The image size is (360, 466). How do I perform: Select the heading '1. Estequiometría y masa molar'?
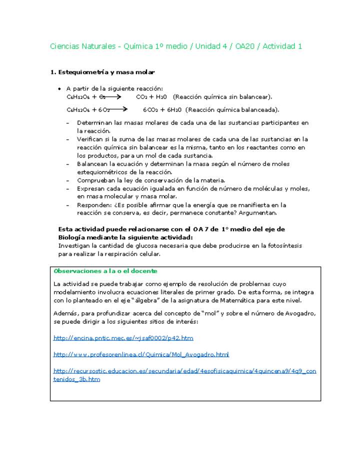point(102,72)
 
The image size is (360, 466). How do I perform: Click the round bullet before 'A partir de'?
point(60,88)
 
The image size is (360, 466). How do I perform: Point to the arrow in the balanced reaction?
point(119,109)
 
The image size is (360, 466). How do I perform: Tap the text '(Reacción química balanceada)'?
point(232,110)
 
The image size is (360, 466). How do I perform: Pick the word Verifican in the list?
point(90,139)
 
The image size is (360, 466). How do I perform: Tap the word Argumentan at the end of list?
point(258,213)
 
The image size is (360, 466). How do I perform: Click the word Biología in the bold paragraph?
point(72,237)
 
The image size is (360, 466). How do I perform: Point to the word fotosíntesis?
point(282,246)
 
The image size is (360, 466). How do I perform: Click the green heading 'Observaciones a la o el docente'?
point(105,271)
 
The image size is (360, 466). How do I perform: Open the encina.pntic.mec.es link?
point(123,338)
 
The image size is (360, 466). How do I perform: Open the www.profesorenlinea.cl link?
point(141,354)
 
